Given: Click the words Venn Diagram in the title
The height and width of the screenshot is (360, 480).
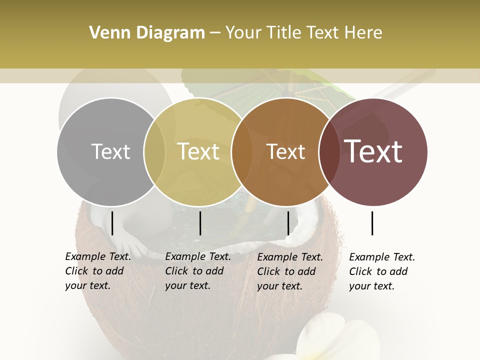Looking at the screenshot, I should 147,33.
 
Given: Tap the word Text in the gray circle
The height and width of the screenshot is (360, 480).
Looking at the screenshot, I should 110,151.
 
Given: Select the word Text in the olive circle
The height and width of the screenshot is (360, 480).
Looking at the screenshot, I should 198,151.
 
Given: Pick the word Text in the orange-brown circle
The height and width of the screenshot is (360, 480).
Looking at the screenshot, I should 285,151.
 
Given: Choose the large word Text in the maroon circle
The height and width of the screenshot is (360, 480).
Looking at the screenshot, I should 373,151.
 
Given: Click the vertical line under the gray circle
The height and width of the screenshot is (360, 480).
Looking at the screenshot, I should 112,223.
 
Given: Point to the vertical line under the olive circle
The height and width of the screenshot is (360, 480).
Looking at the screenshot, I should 200,223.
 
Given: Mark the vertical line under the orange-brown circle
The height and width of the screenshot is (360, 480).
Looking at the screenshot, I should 288,223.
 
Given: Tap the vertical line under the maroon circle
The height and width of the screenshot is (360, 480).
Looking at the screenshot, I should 372,223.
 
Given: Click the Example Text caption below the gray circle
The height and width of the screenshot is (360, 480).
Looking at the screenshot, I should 97,271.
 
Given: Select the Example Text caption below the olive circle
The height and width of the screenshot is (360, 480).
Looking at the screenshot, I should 197,271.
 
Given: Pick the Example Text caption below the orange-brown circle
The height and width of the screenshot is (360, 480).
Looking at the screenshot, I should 289,271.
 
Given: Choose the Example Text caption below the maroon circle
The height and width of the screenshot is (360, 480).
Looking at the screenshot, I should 381,271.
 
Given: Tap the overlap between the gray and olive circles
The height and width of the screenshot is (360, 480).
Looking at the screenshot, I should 154,151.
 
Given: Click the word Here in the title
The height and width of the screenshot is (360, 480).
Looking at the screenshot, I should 363,33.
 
